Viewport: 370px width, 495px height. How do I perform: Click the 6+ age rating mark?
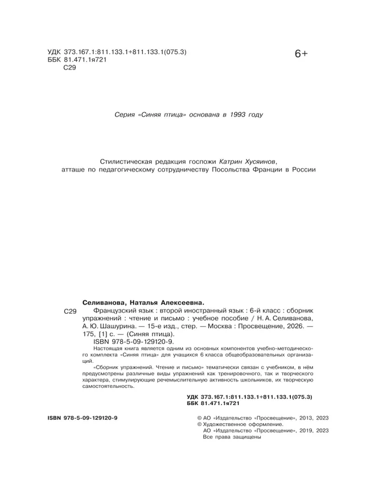(x=301, y=54)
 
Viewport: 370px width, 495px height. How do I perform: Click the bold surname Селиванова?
(x=107, y=303)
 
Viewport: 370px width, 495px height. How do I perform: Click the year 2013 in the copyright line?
(x=299, y=418)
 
